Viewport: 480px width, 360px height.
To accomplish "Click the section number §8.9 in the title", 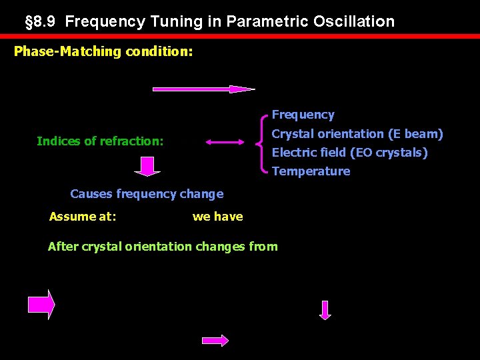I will (x=42, y=21).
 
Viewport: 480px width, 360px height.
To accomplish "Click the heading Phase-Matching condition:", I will (x=103, y=51).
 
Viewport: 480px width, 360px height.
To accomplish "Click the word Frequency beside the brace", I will (x=303, y=115).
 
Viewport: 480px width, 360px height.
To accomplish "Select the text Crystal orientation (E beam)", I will (x=357, y=134).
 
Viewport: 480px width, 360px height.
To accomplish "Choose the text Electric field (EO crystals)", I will (x=349, y=153).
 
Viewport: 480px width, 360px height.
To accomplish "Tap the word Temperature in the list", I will (x=311, y=171).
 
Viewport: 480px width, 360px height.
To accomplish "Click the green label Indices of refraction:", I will (x=100, y=141).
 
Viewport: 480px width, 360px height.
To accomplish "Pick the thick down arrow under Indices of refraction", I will (x=147, y=166).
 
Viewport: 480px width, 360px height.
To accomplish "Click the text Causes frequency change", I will (x=147, y=194).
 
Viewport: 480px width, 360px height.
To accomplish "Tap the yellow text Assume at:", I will (x=83, y=216).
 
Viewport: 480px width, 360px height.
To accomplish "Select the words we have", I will (x=217, y=216).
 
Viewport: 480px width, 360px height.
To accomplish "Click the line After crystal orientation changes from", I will (x=163, y=247).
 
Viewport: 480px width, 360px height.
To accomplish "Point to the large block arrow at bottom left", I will (x=41, y=305).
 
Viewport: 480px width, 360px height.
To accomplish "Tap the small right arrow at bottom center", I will (x=215, y=340).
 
